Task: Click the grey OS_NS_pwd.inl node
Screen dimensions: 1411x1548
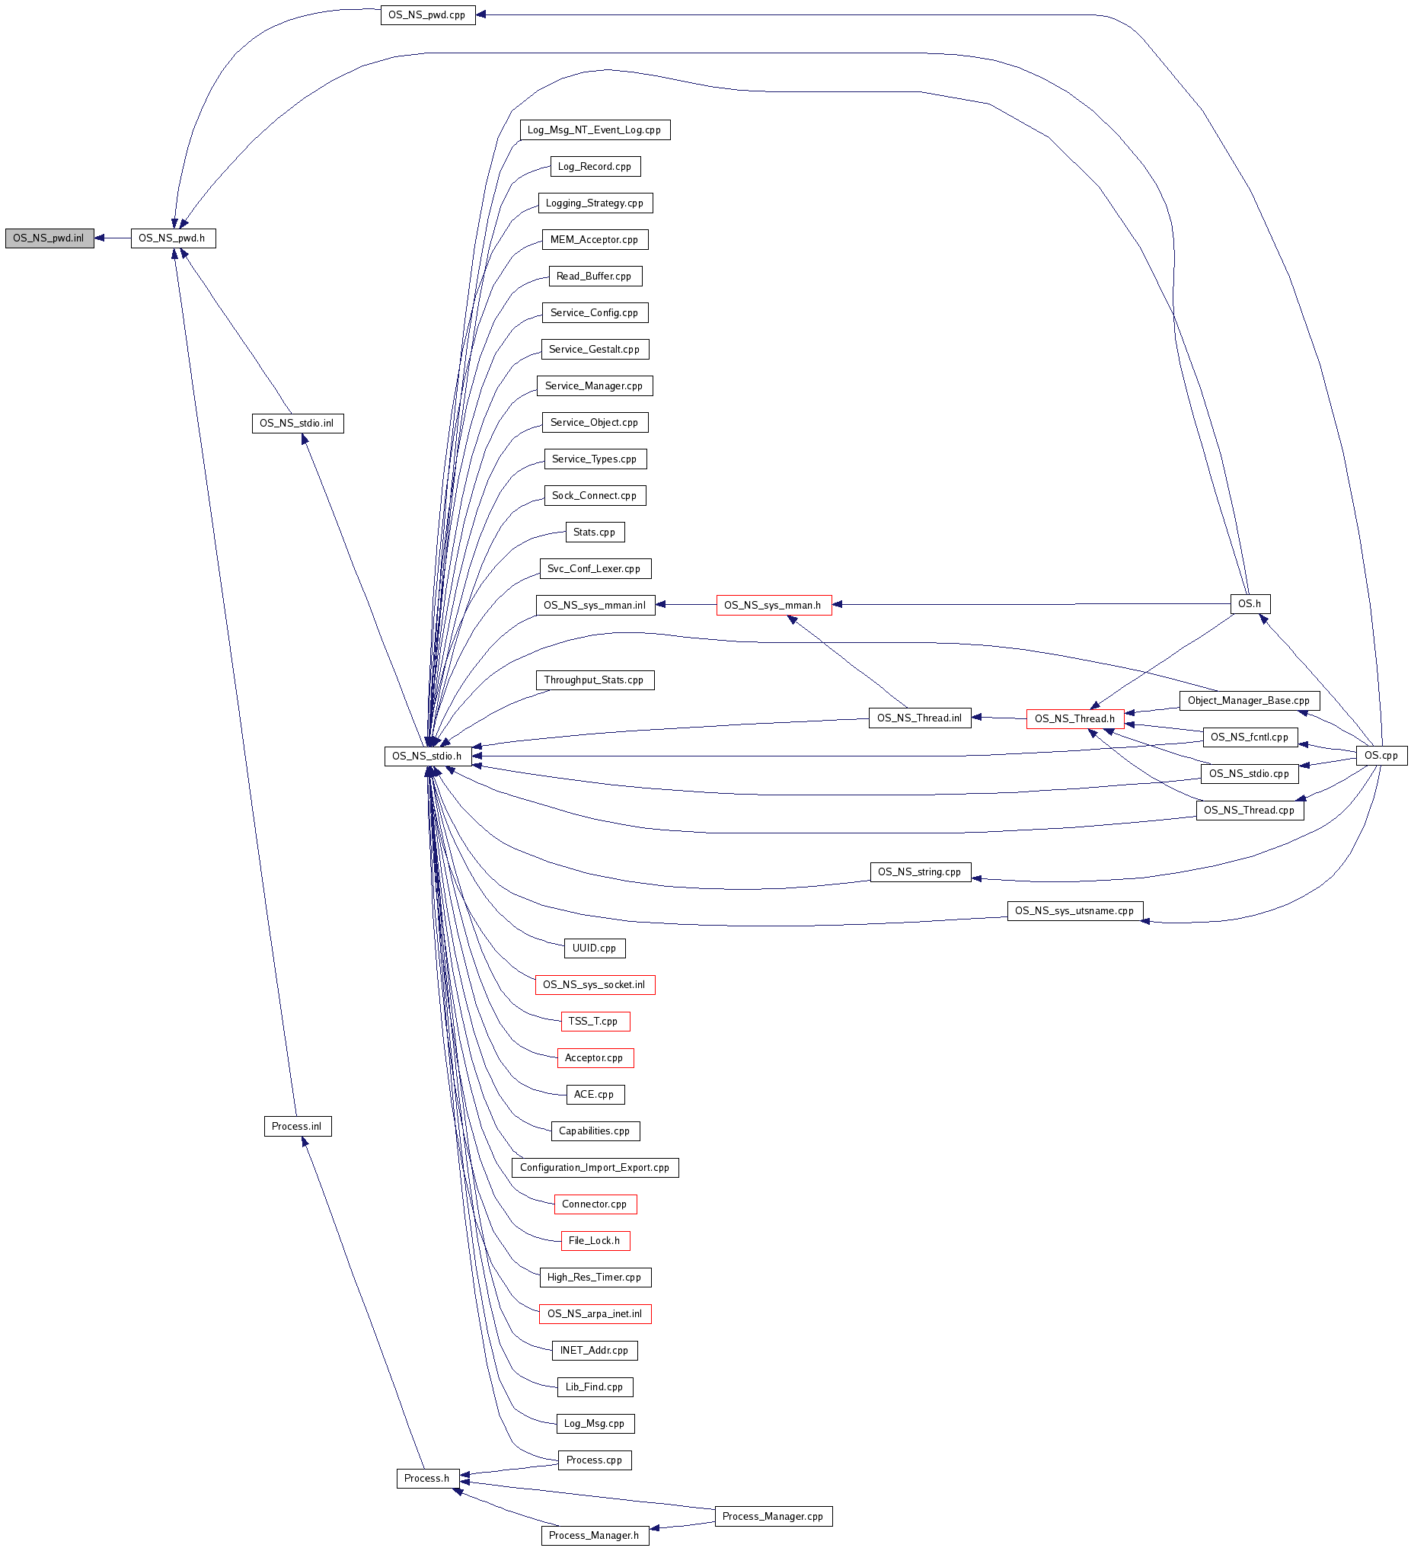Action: pyautogui.click(x=50, y=238)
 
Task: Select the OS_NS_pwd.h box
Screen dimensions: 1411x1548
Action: pyautogui.click(x=173, y=238)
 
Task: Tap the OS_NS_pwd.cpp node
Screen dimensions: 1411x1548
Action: pyautogui.click(x=428, y=14)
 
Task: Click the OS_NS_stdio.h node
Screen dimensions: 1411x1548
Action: pyautogui.click(x=428, y=756)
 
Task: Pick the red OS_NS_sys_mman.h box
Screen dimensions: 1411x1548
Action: pyautogui.click(x=774, y=605)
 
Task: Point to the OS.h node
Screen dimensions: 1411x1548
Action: pyautogui.click(x=1250, y=603)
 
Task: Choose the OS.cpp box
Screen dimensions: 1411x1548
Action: pyautogui.click(x=1381, y=756)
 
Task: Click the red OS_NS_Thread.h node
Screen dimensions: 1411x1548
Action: pyautogui.click(x=1074, y=718)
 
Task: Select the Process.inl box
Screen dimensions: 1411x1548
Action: pyautogui.click(x=297, y=1127)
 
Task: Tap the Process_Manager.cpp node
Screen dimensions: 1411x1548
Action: pyautogui.click(x=773, y=1516)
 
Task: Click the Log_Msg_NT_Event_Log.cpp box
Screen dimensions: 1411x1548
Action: pyautogui.click(x=594, y=130)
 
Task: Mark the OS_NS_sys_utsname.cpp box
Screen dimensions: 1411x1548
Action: pyautogui.click(x=1074, y=910)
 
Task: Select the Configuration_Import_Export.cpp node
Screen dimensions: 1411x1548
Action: pyautogui.click(x=595, y=1167)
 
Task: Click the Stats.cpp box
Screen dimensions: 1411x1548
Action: pyautogui.click(x=595, y=532)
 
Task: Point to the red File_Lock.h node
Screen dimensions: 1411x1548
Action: pyautogui.click(x=595, y=1240)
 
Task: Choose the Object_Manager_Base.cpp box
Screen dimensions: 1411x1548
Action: pyautogui.click(x=1249, y=700)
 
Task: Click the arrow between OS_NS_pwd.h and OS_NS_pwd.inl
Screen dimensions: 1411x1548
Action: pyautogui.click(x=113, y=238)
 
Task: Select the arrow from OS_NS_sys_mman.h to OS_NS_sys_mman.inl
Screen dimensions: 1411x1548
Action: pyautogui.click(x=685, y=605)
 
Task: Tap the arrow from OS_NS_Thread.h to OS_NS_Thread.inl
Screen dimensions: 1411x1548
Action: pyautogui.click(x=999, y=718)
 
